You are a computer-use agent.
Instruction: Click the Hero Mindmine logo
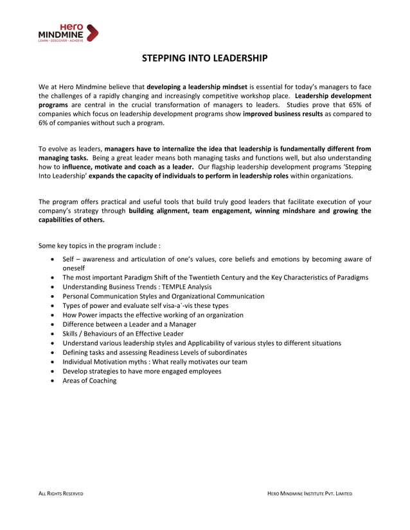[68, 33]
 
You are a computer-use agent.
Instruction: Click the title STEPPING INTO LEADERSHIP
[204, 59]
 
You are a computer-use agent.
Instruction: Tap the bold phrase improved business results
[283, 114]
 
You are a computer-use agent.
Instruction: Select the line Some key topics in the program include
[100, 245]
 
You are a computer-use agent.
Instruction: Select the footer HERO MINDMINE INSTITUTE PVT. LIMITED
[310, 493]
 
